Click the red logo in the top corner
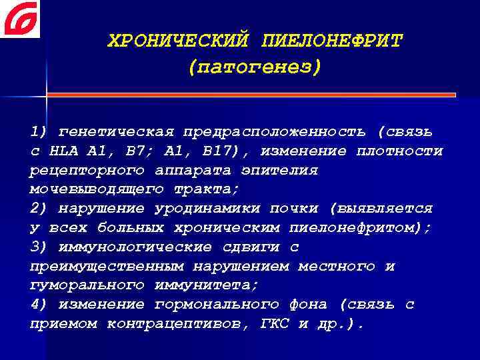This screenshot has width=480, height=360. click(x=21, y=19)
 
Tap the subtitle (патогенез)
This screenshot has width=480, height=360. click(x=255, y=67)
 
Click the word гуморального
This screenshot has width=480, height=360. click(x=87, y=285)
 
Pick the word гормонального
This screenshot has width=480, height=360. click(x=217, y=305)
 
